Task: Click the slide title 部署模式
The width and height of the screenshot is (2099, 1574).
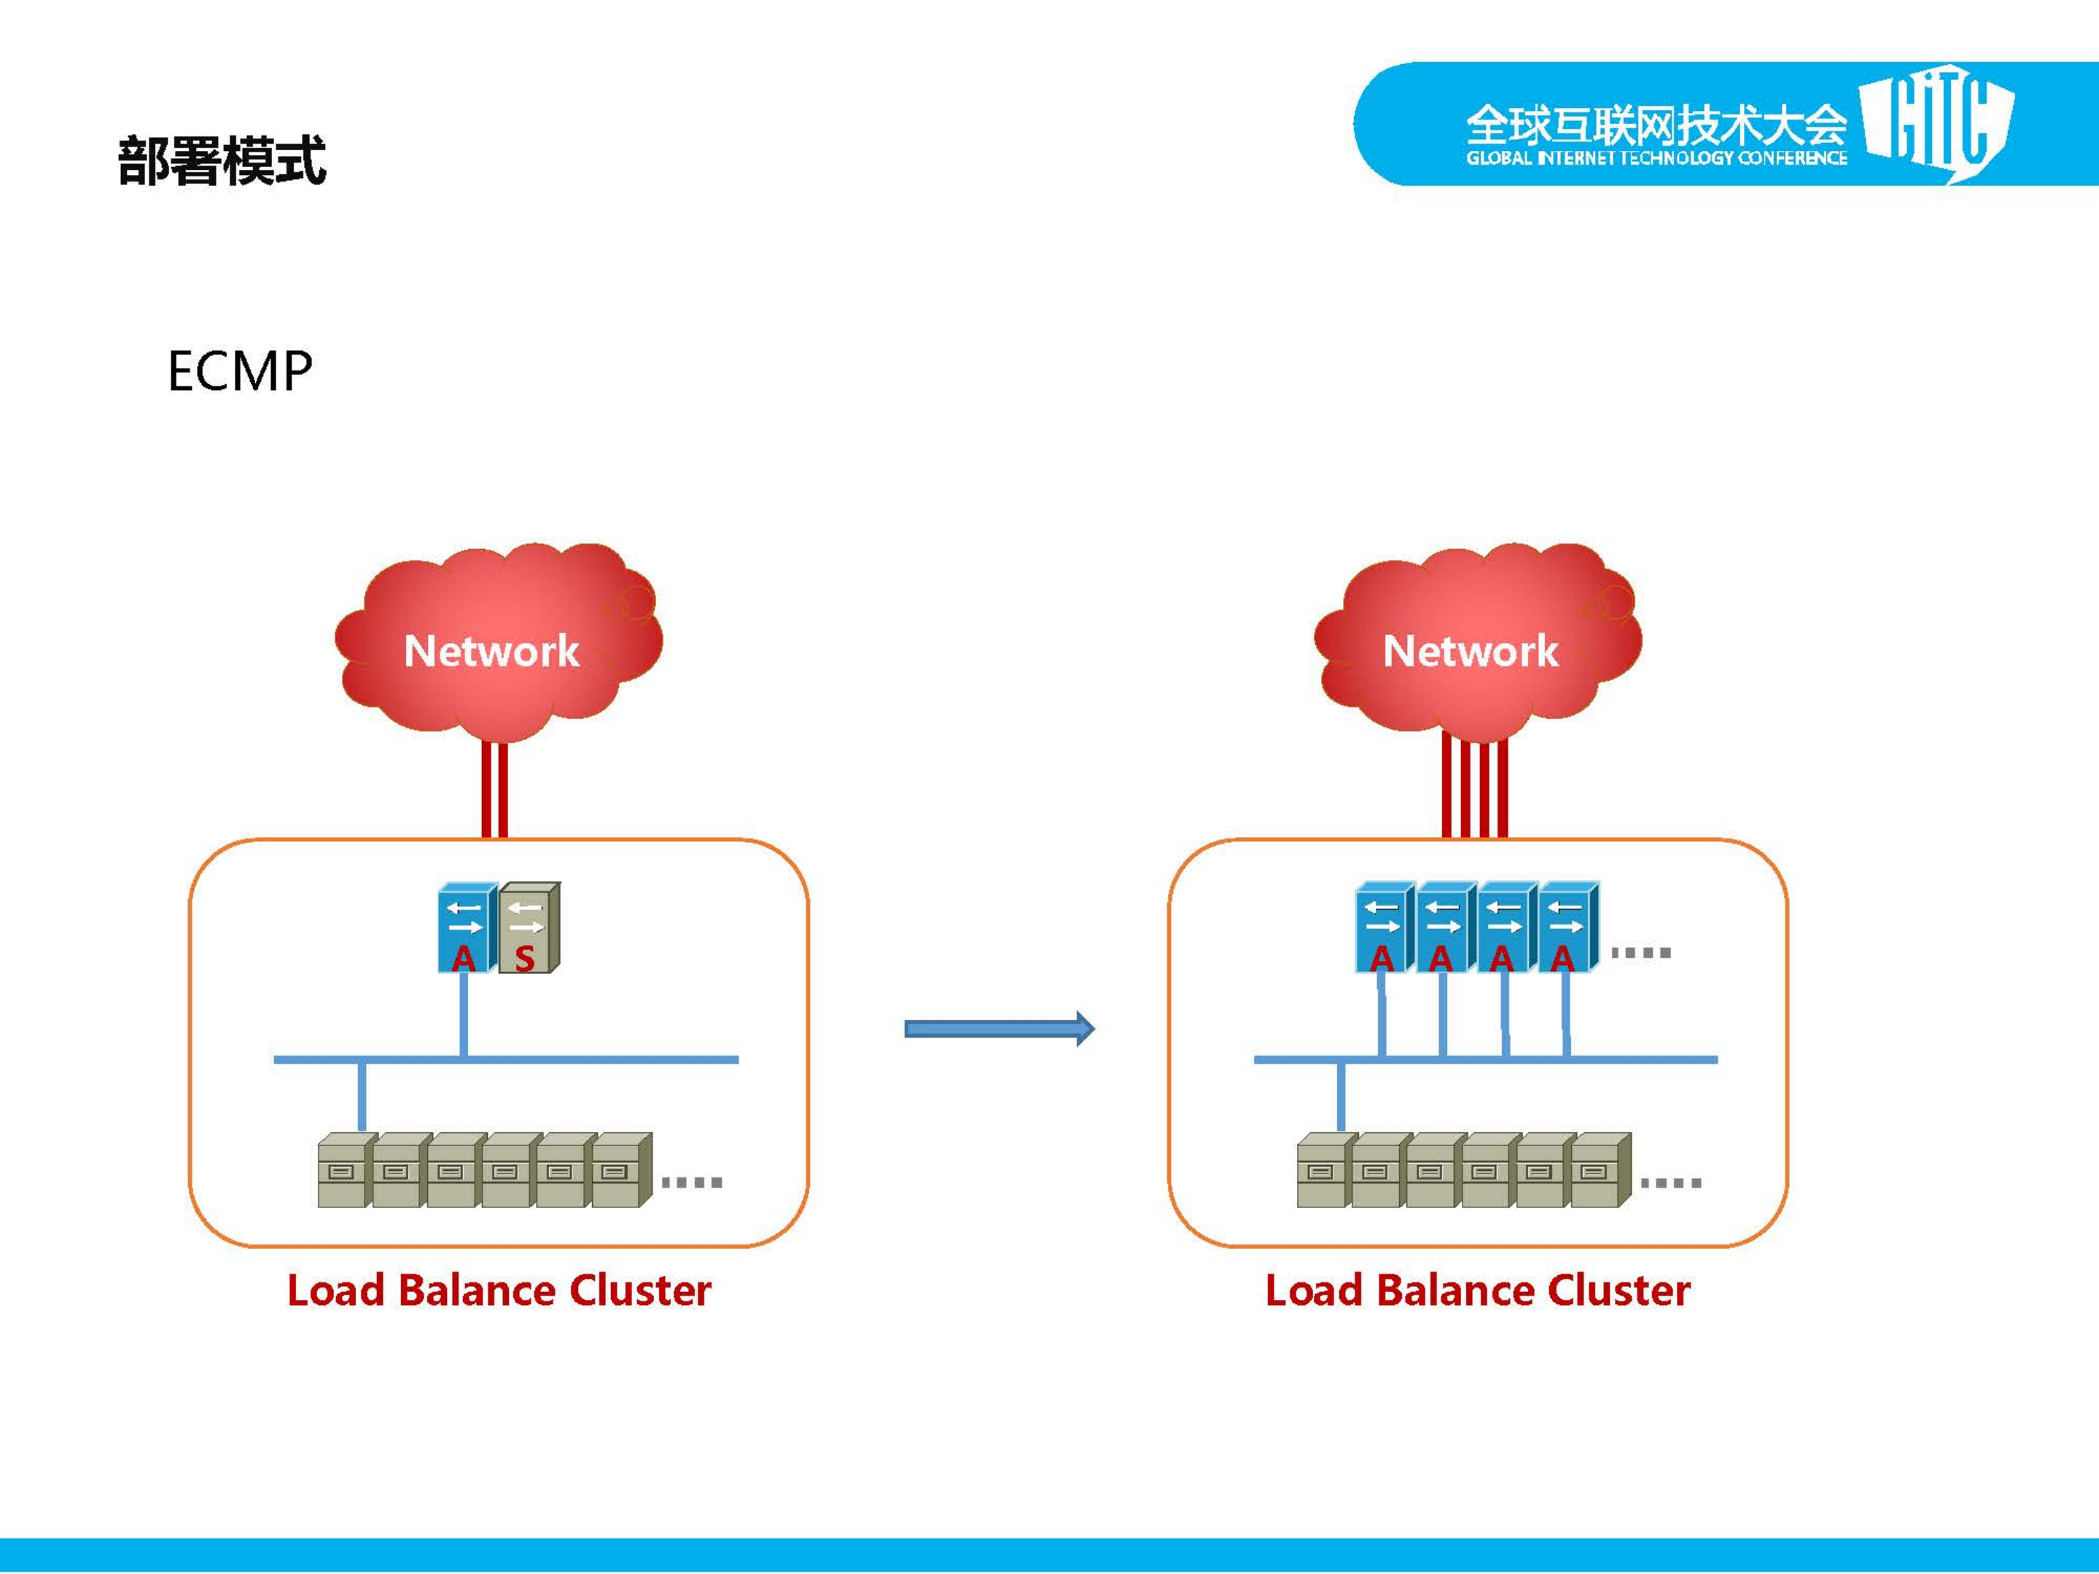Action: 222,160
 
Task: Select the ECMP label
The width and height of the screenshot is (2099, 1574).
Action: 239,371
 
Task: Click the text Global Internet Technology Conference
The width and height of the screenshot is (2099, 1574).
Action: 1656,158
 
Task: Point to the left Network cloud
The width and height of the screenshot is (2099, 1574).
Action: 494,645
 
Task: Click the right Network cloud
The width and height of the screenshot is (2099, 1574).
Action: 1473,645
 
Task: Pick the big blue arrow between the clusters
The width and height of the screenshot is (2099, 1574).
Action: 998,1029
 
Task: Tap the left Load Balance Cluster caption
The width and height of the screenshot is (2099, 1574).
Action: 499,1290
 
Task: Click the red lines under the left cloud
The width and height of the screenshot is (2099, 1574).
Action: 494,790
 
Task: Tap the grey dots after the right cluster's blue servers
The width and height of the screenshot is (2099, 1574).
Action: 1640,953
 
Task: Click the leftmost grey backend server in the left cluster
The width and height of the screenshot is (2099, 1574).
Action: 343,1171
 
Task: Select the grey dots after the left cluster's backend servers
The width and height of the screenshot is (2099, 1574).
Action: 692,1183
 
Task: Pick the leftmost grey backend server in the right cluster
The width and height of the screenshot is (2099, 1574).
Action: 1323,1171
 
